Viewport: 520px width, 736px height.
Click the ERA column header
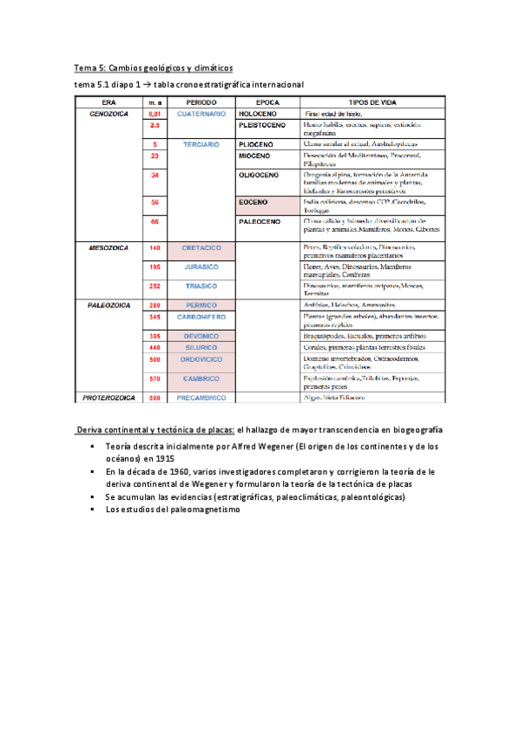click(109, 102)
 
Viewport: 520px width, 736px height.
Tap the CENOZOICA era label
click(109, 114)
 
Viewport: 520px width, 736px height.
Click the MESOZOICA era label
click(109, 247)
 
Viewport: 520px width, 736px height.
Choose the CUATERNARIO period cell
click(201, 114)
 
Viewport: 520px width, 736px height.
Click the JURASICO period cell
click(201, 266)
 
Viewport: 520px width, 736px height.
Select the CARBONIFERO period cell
click(201, 318)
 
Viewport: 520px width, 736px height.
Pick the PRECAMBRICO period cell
click(201, 398)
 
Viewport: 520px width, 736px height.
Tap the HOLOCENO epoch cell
click(258, 114)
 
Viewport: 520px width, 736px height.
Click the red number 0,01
click(155, 114)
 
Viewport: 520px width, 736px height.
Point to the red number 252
click(155, 285)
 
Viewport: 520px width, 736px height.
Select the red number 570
click(155, 378)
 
